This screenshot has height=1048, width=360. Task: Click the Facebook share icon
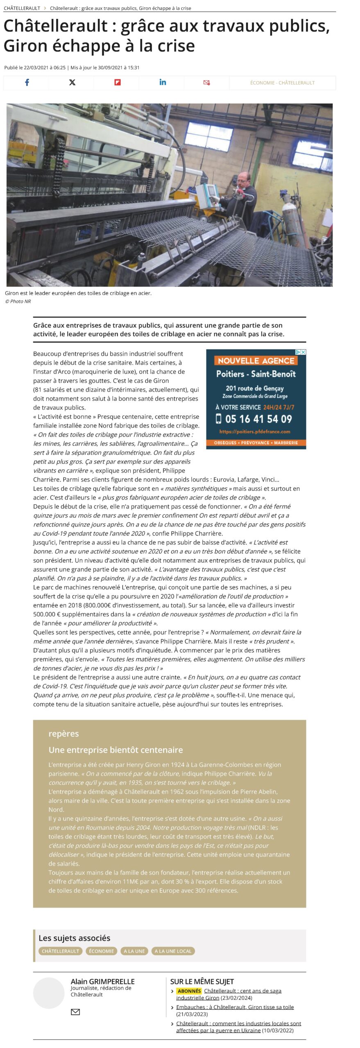(x=27, y=82)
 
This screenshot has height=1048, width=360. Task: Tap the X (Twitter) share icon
(x=72, y=82)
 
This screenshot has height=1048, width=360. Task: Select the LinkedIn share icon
(x=163, y=82)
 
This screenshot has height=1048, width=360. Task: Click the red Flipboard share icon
(x=117, y=82)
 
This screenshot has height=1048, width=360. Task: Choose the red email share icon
(x=206, y=82)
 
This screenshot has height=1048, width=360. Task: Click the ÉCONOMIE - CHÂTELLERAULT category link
(x=282, y=83)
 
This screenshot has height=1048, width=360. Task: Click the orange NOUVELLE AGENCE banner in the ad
(x=256, y=360)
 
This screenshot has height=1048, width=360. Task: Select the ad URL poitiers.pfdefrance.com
(x=255, y=431)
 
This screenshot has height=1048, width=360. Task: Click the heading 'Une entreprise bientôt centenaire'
(x=115, y=750)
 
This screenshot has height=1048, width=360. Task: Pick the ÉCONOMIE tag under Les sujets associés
(x=102, y=951)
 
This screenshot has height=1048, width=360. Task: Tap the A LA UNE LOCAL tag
(x=173, y=951)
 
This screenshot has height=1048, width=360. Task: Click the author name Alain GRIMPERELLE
(x=102, y=981)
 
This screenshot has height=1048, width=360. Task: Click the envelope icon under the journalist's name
(x=75, y=1012)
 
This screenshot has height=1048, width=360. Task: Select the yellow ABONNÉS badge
(x=189, y=991)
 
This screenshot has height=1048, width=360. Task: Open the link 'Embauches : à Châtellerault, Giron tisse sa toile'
(x=235, y=1007)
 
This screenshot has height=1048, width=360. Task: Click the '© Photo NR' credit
(x=18, y=301)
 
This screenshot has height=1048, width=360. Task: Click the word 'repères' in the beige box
(x=63, y=733)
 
